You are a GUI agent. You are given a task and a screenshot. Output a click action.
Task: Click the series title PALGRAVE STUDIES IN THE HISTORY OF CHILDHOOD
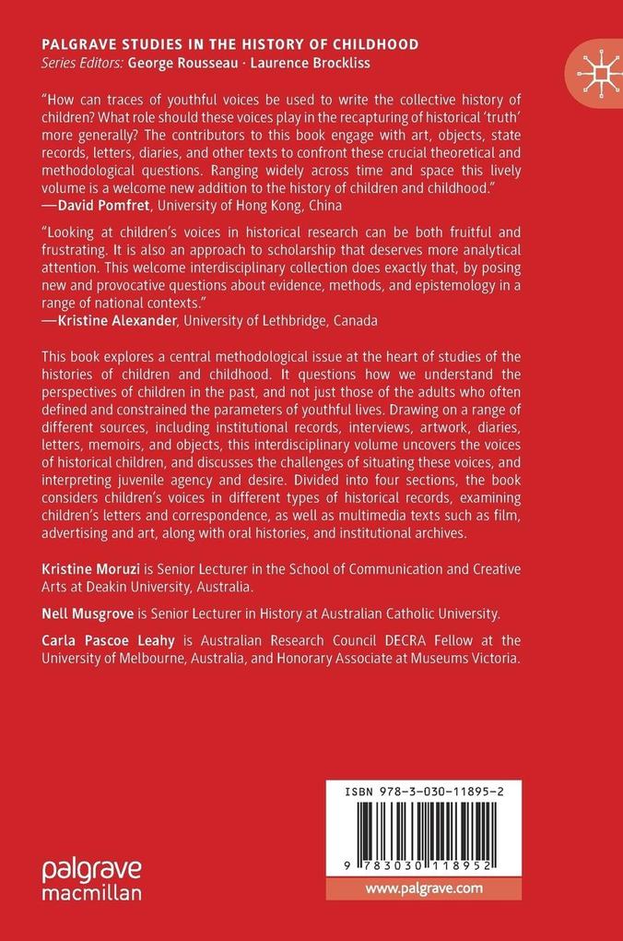click(230, 43)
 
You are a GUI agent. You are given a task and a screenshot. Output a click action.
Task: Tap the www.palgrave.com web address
click(424, 887)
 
